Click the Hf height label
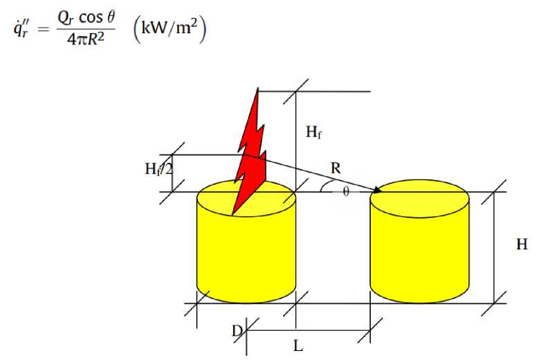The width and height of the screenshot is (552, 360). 313,132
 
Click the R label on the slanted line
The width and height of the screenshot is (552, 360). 335,167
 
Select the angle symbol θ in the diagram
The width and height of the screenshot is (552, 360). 346,192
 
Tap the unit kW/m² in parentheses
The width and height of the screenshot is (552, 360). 164,28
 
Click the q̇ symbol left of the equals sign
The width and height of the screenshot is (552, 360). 19,29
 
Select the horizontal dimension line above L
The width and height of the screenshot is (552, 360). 308,330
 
